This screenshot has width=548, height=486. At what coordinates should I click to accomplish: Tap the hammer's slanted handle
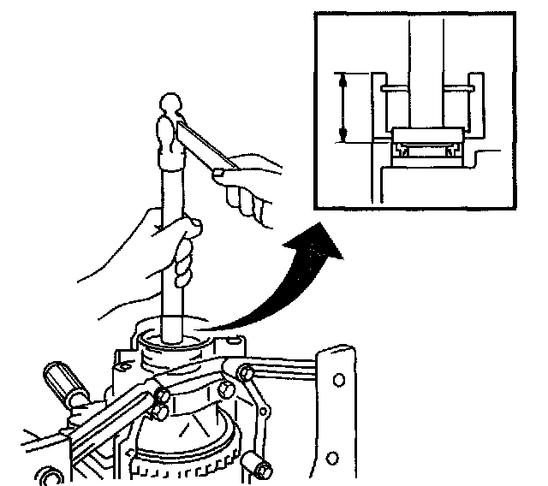[x=205, y=145]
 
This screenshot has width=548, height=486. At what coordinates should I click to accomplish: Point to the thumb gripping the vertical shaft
[x=190, y=226]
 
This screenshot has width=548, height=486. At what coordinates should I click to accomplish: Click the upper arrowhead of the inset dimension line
[x=342, y=80]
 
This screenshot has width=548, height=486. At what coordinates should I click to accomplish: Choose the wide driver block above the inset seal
[x=426, y=136]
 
